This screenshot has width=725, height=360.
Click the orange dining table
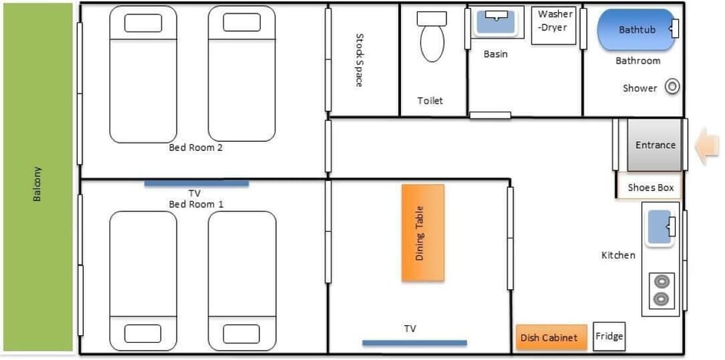click(x=423, y=233)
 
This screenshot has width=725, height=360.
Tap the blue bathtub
click(x=637, y=29)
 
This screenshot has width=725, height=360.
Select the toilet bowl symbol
click(x=432, y=37)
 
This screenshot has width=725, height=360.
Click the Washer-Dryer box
click(x=554, y=26)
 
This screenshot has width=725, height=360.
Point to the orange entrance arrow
click(x=708, y=145)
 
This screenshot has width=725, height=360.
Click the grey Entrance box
click(x=654, y=145)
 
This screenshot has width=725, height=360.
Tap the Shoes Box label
click(x=650, y=188)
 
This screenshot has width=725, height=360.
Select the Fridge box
click(x=609, y=337)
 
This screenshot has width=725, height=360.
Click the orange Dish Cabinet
click(x=551, y=337)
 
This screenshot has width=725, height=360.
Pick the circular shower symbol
click(x=672, y=87)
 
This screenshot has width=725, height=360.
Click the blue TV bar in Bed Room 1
click(x=196, y=183)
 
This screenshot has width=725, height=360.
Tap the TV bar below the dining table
click(x=415, y=343)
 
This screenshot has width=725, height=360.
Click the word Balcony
click(x=38, y=183)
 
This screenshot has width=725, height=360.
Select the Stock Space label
click(x=359, y=60)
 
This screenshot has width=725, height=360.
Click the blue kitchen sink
click(x=659, y=227)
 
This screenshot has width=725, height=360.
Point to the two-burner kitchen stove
click(x=662, y=290)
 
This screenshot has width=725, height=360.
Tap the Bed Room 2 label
click(x=196, y=148)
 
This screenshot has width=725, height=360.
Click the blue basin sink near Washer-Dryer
click(x=496, y=21)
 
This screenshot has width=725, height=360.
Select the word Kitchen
click(x=619, y=255)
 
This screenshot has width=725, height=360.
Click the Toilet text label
click(x=430, y=100)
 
